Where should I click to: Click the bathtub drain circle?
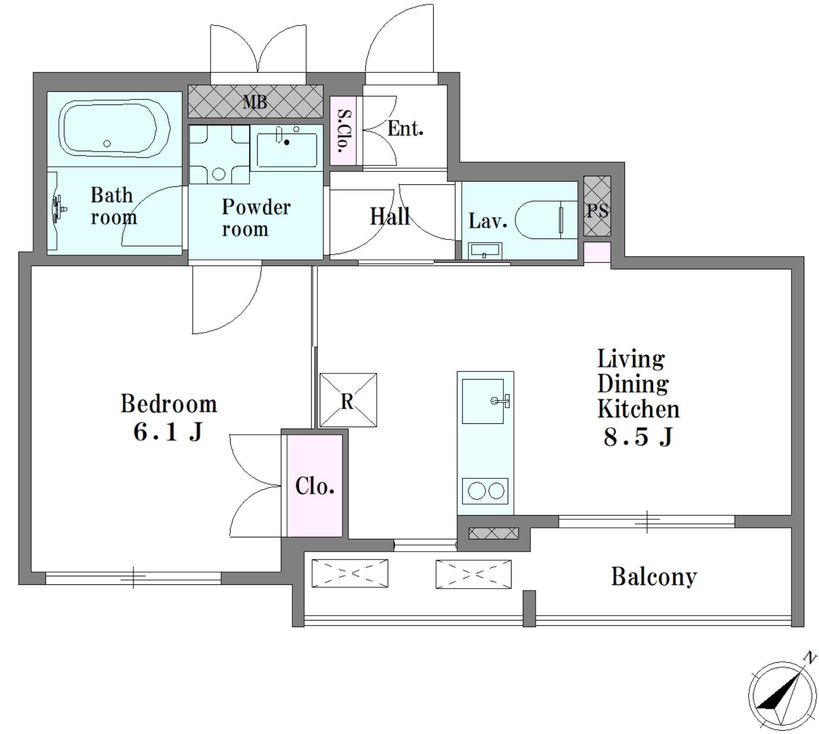(x=107, y=143)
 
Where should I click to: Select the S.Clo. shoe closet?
(x=343, y=130)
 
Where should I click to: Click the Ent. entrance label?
(x=405, y=128)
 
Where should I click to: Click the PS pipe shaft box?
(x=597, y=206)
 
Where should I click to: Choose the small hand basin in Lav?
(x=485, y=250)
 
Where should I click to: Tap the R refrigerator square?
(x=348, y=400)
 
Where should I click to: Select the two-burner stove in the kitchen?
(x=485, y=491)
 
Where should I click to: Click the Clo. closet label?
(x=314, y=486)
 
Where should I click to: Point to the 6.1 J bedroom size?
(x=168, y=432)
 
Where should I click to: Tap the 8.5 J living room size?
(x=638, y=436)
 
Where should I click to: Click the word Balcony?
(x=654, y=577)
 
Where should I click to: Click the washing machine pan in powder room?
(x=219, y=154)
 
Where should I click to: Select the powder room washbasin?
(x=287, y=148)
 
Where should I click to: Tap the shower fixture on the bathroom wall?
(x=58, y=209)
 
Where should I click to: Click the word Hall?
(x=390, y=216)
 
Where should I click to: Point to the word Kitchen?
(x=638, y=409)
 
